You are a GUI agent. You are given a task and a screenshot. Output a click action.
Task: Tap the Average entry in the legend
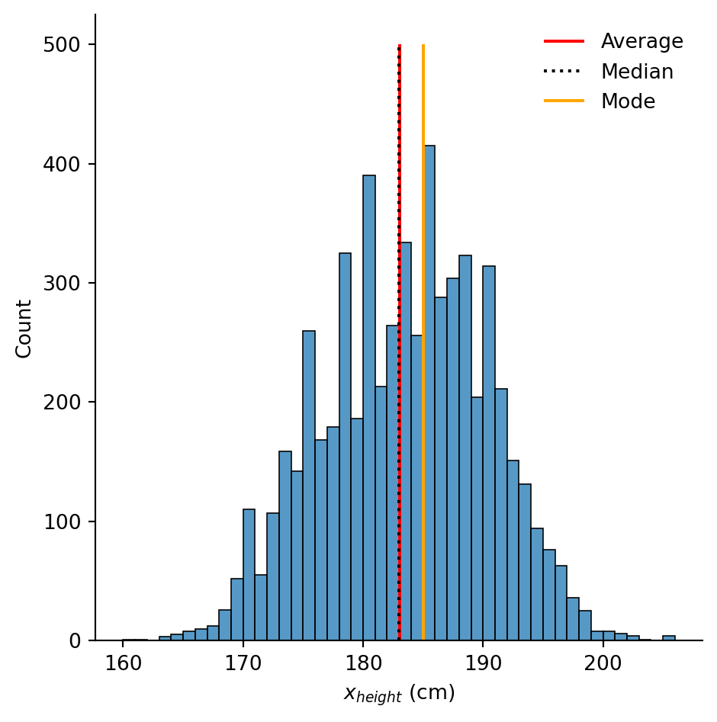(x=641, y=42)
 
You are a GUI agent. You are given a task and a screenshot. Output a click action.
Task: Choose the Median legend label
(x=637, y=72)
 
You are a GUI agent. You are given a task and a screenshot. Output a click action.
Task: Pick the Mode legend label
(x=628, y=102)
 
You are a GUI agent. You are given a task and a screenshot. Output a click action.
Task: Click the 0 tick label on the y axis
(x=75, y=641)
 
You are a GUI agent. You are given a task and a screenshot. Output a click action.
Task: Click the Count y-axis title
(x=24, y=329)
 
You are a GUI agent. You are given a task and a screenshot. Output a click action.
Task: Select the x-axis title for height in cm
(x=399, y=694)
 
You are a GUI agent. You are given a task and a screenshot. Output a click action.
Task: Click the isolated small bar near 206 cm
(x=669, y=638)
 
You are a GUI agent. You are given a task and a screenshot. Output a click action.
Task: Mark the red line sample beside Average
(x=564, y=41)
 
